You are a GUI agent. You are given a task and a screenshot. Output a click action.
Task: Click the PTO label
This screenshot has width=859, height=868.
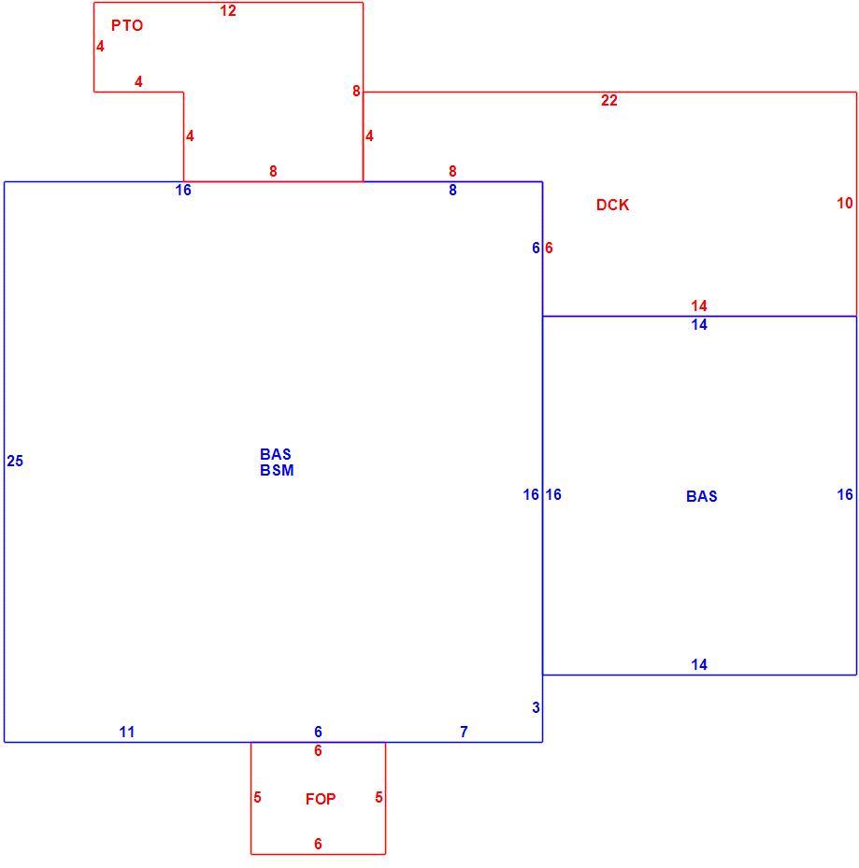127,25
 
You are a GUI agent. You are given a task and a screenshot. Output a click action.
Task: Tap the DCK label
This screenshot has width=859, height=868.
612,205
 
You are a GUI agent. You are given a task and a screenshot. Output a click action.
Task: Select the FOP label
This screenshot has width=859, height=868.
321,799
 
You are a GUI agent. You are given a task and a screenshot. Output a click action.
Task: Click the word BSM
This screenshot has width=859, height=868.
277,470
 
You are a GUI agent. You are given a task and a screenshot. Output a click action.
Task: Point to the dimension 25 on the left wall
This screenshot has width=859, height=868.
15,461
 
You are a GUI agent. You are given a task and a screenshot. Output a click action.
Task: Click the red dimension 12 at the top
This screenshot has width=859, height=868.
228,10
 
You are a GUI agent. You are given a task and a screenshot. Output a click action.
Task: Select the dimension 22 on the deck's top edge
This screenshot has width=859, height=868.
609,100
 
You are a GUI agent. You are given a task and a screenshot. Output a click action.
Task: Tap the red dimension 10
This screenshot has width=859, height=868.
845,203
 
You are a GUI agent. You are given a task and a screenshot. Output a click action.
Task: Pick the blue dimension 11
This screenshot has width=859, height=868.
127,732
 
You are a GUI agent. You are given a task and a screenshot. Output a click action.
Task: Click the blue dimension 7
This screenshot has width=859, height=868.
465,732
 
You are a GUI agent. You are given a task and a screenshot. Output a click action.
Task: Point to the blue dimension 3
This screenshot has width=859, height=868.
536,707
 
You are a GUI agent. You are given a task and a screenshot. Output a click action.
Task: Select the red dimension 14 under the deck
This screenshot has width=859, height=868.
699,306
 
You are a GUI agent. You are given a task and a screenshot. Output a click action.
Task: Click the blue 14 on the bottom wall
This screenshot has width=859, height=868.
699,664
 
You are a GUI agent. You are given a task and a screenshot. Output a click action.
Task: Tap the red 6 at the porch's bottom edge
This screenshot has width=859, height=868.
318,844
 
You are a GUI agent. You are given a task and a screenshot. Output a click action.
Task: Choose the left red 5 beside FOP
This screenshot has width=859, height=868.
258,797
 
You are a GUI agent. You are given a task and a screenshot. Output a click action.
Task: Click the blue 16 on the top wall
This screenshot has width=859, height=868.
183,190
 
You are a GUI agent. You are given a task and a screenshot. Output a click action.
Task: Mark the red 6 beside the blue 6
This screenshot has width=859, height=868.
549,248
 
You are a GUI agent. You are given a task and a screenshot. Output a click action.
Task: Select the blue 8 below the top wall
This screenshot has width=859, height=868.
452,190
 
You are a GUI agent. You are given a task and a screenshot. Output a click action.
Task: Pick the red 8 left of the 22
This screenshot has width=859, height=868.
356,91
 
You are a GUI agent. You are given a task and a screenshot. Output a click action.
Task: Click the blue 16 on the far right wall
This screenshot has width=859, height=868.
845,494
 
